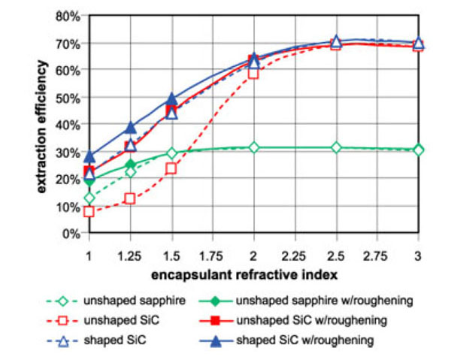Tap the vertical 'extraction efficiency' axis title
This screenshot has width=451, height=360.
point(44,124)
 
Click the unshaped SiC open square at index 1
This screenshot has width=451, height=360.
point(89,212)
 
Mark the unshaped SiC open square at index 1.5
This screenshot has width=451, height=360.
point(171,168)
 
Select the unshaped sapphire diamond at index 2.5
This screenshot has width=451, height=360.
point(336,147)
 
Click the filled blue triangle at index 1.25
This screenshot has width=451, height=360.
point(131,127)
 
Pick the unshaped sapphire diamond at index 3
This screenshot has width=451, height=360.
point(418,150)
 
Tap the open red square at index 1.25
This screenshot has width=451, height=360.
point(130,198)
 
